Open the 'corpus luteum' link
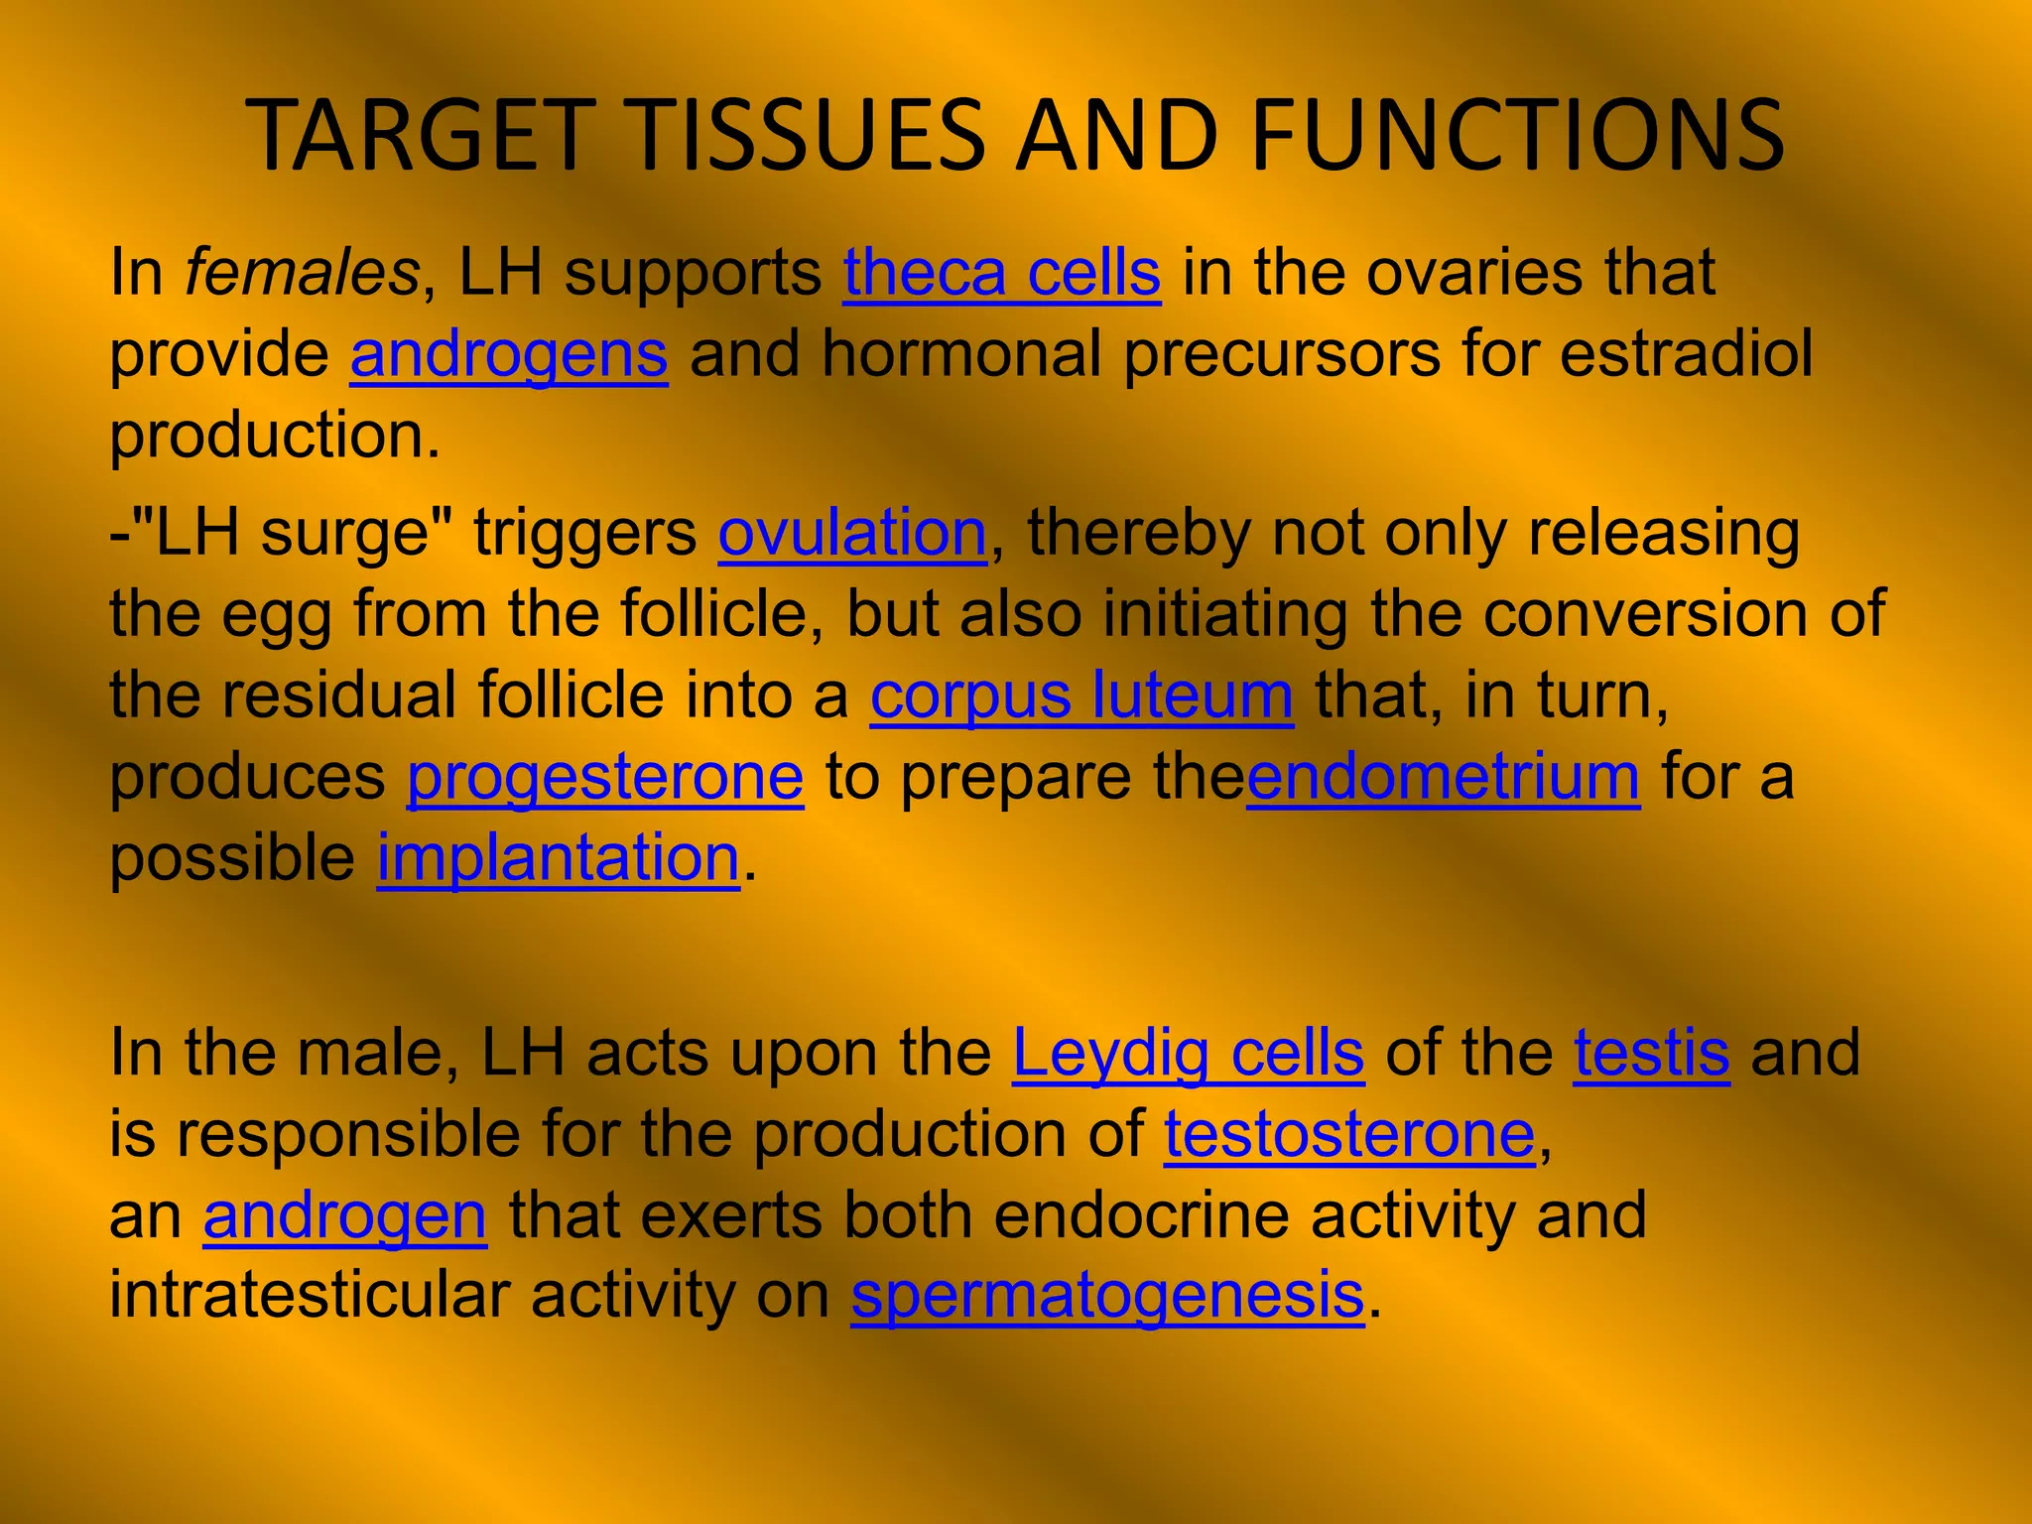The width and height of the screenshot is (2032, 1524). click(1081, 696)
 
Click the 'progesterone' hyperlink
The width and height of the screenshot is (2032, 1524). click(605, 777)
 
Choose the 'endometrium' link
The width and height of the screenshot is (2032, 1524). click(1443, 777)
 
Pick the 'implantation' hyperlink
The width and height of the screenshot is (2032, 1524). click(558, 858)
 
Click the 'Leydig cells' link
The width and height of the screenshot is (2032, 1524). click(1188, 1053)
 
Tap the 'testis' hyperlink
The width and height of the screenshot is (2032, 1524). click(1652, 1053)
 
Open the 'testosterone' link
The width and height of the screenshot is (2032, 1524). click(1349, 1134)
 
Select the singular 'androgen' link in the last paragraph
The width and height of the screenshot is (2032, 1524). click(345, 1215)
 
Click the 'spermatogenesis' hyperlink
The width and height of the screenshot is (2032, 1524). click(1107, 1297)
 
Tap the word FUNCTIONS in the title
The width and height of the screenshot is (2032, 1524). click(1517, 136)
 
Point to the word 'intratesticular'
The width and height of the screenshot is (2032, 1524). click(309, 1297)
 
